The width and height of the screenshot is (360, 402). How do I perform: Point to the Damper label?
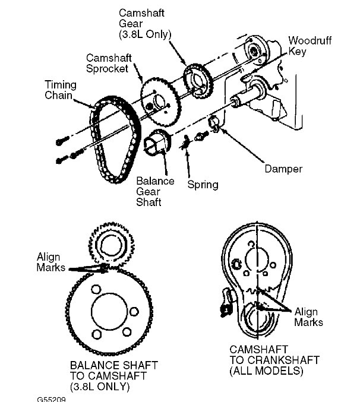[284, 169]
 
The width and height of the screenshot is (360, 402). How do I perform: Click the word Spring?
[203, 185]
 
